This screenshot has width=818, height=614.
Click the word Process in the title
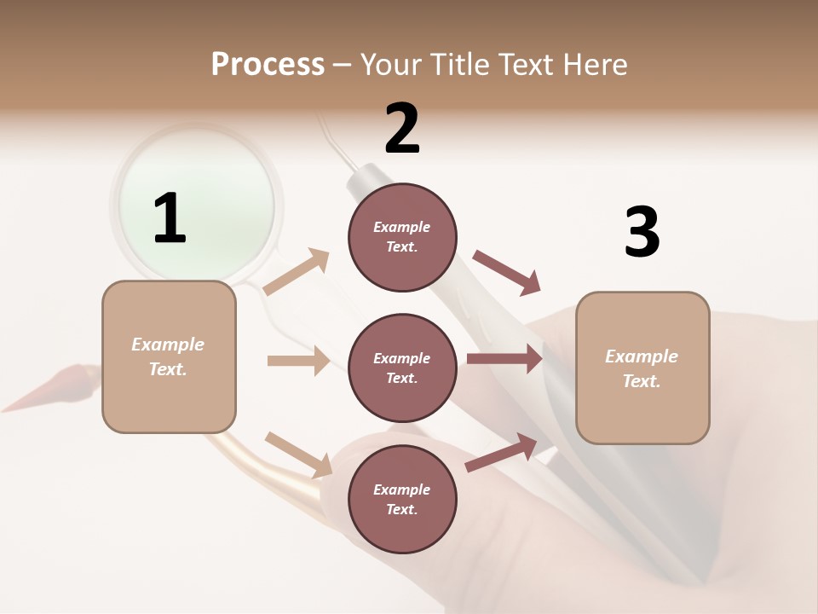268,65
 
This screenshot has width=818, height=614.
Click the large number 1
170,219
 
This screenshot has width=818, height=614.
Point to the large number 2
402,129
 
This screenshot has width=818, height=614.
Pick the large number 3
642,233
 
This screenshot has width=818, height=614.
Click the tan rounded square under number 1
169,356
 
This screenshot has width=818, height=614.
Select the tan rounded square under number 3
642,368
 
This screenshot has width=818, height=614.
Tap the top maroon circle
402,237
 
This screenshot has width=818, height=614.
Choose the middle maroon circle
402,368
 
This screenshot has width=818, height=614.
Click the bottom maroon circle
402,499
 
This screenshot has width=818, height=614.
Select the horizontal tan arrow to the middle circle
298,361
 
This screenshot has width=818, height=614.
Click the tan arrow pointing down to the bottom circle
298,454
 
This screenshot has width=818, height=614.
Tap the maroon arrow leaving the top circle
507,273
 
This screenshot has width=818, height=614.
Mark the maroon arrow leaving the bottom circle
502,452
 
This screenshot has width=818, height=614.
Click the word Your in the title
392,65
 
